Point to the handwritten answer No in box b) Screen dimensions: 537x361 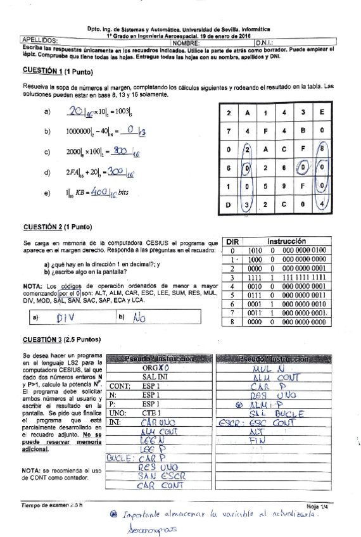(140, 319)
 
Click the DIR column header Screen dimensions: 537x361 (234, 241)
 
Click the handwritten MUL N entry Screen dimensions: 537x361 (265, 368)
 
